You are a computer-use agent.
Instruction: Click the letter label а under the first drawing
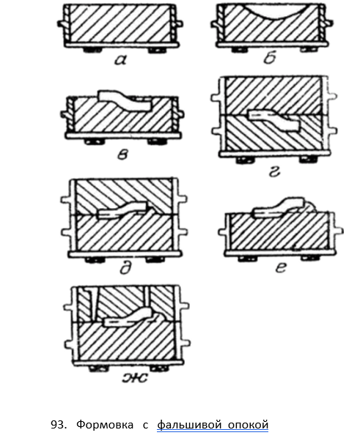click(120, 60)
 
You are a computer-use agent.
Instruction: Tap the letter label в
click(122, 154)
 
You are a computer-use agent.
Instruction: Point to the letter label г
click(274, 172)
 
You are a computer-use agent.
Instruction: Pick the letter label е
click(281, 267)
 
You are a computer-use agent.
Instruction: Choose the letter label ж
click(135, 377)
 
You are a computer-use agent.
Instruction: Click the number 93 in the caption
click(58, 425)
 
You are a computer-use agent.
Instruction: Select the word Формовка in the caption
click(105, 425)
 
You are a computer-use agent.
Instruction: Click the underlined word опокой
click(248, 425)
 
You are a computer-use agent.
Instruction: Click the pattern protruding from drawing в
click(125, 101)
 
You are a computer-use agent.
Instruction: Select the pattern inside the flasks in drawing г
click(275, 119)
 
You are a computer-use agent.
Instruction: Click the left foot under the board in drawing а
click(92, 51)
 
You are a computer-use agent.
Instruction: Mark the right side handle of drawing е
click(339, 231)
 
